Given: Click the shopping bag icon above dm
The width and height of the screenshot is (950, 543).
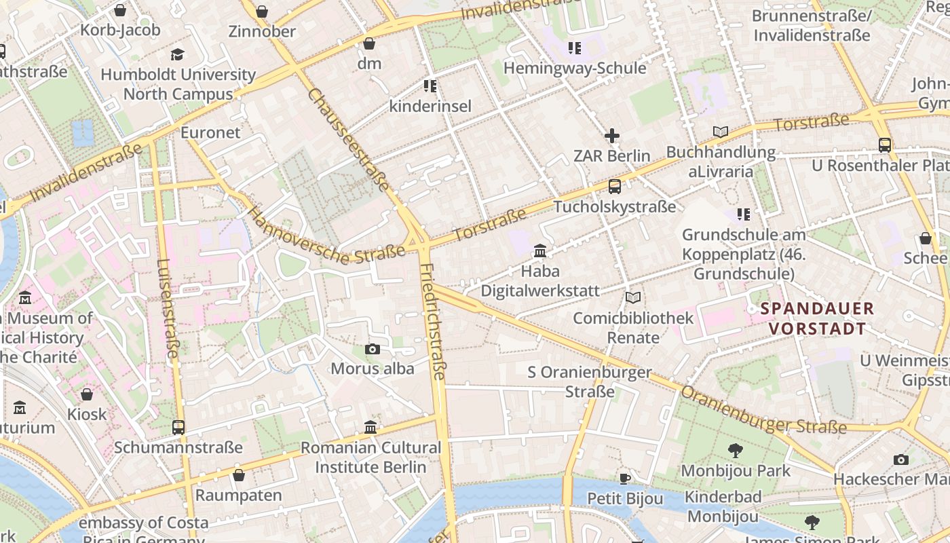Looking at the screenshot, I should point(369,44).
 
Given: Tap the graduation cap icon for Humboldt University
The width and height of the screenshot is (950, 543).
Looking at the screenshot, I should point(178,54).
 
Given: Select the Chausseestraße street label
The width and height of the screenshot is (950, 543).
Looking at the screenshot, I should point(349,140).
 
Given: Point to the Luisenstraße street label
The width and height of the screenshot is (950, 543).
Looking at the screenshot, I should point(168,308).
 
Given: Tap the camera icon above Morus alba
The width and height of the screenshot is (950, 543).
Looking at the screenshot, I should point(372,349).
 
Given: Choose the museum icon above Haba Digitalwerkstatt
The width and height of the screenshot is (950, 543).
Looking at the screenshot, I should point(540,251).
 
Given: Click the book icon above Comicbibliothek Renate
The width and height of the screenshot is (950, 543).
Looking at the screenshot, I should point(633,297).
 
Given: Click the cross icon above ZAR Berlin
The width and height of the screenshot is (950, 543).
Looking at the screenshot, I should point(612,136).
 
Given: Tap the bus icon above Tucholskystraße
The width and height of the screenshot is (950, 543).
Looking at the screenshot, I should point(614,187).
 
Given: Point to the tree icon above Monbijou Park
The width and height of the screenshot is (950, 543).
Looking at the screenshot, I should point(735,450).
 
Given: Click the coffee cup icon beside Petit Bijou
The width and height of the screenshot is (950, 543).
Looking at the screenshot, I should point(625,479).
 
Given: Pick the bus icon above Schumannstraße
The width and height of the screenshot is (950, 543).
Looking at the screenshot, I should point(178,427).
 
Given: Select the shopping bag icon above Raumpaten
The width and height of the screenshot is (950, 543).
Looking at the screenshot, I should point(238,475).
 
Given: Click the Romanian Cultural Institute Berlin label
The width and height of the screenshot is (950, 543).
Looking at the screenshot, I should point(370,457).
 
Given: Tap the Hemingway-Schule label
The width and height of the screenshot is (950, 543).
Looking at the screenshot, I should point(574,69).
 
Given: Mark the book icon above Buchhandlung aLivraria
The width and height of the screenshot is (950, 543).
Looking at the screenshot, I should point(720,132).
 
